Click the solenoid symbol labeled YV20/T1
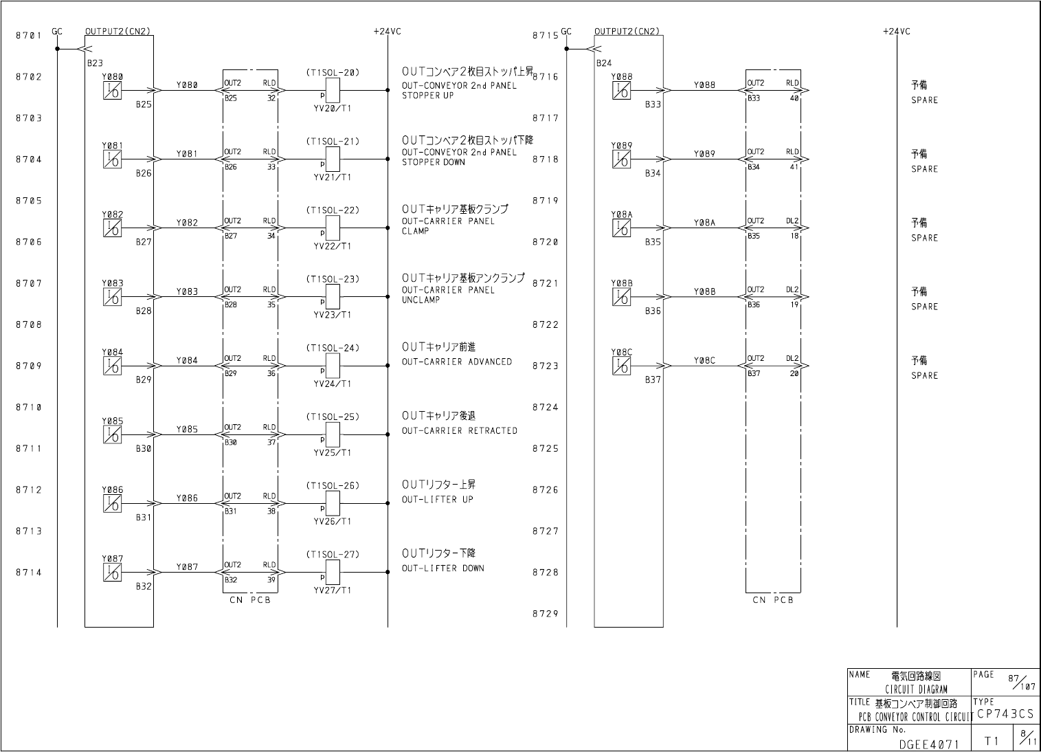coord(333,90)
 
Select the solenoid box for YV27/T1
coord(333,572)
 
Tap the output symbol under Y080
coord(112,91)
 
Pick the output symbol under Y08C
coord(621,366)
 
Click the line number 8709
coord(29,366)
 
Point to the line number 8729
coord(545,615)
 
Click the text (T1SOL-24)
coord(333,349)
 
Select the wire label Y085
coord(187,430)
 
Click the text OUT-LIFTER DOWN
coord(443,568)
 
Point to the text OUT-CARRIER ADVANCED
coord(456,362)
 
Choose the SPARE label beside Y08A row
coord(924,238)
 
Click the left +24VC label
coord(387,32)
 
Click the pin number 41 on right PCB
coord(794,167)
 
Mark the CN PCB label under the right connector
coord(773,600)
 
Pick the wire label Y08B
coord(704,291)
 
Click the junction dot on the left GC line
coord(57,49)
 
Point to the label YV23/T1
coord(333,315)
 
